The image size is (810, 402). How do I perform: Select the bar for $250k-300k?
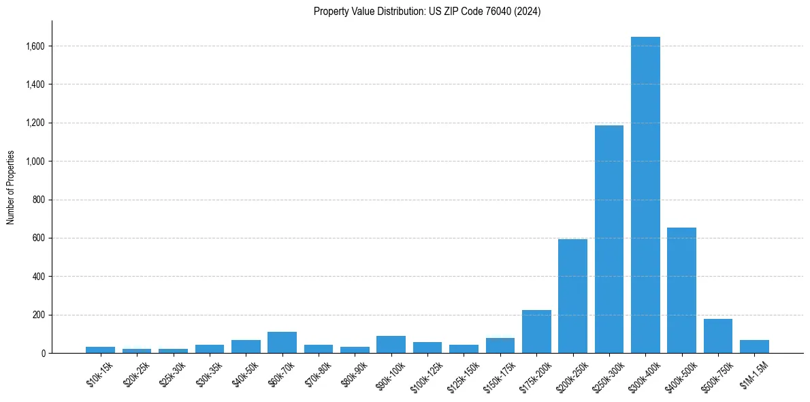[609, 239]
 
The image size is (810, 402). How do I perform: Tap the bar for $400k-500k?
[681, 290]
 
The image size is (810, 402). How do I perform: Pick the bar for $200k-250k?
[572, 296]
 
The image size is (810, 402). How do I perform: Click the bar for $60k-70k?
[282, 342]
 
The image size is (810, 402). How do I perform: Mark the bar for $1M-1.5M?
[754, 346]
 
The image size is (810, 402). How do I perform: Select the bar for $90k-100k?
[391, 344]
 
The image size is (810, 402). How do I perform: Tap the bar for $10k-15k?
[100, 350]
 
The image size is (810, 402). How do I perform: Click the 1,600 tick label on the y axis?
[35, 46]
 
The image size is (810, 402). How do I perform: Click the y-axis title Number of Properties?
[11, 187]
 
